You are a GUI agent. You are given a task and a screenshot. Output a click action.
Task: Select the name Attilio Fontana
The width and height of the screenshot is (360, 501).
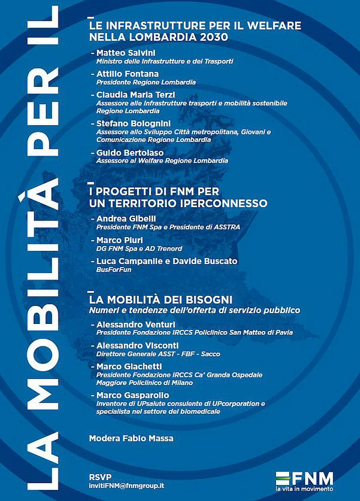coord(122,74)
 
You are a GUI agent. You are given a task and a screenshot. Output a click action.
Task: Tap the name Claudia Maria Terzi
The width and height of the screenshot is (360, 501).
coord(130,94)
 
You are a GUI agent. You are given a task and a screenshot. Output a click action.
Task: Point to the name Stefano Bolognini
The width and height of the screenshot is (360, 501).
coord(128,123)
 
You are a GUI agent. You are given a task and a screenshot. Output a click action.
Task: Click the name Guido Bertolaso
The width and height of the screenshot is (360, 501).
coord(124,152)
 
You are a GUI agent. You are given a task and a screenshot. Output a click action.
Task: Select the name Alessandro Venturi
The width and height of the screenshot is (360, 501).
coord(130,324)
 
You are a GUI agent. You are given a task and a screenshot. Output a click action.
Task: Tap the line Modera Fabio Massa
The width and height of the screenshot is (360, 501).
coord(131,438)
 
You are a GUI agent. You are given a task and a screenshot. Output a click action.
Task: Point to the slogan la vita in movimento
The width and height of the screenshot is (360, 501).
coord(304,489)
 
